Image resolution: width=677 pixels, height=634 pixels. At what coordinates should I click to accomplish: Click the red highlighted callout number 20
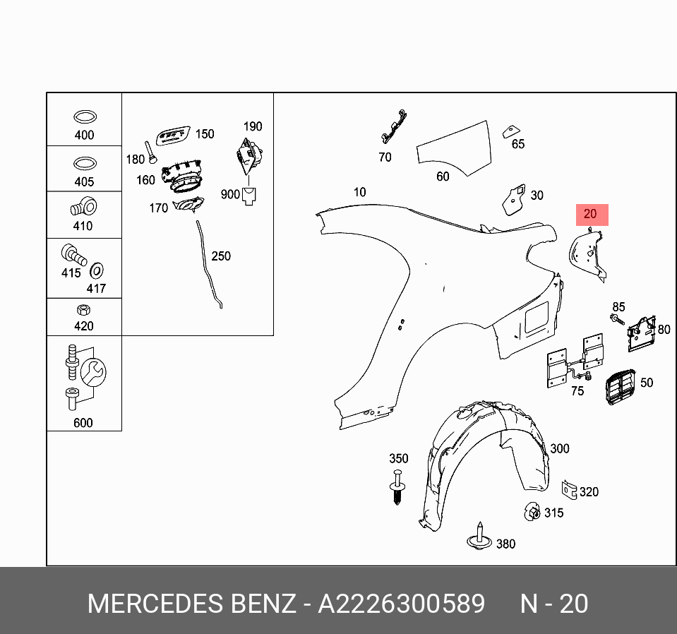[591, 214]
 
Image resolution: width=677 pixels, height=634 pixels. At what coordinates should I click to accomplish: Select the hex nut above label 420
[83, 309]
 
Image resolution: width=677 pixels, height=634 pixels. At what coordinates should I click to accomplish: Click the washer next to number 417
[96, 270]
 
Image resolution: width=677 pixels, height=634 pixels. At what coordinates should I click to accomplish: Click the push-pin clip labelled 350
[398, 486]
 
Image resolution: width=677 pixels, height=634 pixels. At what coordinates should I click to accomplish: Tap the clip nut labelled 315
[532, 510]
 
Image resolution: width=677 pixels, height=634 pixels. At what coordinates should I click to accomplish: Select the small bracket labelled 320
[568, 489]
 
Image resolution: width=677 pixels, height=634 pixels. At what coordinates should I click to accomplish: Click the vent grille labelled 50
[619, 387]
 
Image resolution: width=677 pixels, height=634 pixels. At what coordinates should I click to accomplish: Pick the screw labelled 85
[616, 320]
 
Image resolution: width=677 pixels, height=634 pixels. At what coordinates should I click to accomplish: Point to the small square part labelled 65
[509, 132]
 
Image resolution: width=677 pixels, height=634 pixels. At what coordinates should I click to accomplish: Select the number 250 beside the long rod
[221, 256]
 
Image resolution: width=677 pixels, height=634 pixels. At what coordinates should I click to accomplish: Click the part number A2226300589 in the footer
[401, 604]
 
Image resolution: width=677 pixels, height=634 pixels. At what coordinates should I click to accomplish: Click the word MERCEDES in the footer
[155, 604]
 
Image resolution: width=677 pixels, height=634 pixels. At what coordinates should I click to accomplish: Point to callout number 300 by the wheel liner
[559, 448]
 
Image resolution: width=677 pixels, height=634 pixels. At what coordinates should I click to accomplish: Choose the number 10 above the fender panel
[360, 192]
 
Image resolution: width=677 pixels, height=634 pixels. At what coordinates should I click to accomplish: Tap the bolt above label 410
[82, 207]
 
